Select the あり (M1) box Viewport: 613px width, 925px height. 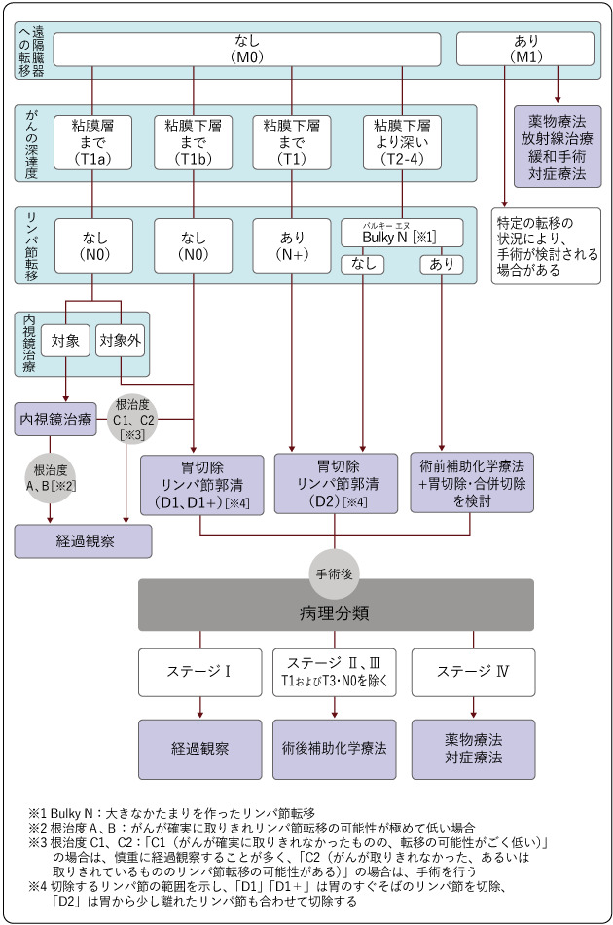coord(524,49)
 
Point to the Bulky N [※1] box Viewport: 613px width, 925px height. coord(402,234)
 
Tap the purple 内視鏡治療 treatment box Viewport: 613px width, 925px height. coord(55,419)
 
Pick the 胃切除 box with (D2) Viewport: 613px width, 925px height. coord(335,484)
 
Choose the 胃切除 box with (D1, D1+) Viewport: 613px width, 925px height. coord(201,484)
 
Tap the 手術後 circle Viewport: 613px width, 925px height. coord(335,574)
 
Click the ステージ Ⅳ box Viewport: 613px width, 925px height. coord(472,672)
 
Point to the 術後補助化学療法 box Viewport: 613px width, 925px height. coord(335,749)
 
